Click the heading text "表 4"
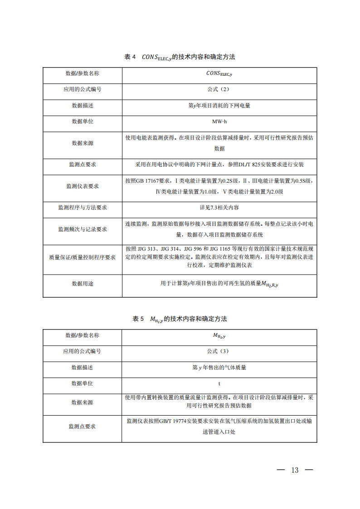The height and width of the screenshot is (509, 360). point(130,57)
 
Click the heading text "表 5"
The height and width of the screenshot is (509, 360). point(138,319)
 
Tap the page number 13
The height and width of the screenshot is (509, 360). point(295,470)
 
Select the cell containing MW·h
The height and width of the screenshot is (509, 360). point(219,122)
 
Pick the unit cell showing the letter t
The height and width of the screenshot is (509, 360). point(219,383)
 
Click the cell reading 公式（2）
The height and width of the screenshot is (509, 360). point(219,89)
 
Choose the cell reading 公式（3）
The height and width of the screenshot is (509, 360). point(219,351)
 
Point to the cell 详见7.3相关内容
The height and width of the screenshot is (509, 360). point(219,208)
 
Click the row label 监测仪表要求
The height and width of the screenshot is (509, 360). point(83,186)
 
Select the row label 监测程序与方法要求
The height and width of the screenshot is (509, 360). point(83,208)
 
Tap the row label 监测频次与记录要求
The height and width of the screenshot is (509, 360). point(83,229)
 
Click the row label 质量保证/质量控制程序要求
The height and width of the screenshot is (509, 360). point(83,257)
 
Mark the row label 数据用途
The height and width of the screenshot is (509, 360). point(83,284)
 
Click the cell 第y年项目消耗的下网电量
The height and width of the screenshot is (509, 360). point(219,106)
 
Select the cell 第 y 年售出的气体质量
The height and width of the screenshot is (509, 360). point(219,368)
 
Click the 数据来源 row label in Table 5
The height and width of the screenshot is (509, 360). point(83,402)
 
